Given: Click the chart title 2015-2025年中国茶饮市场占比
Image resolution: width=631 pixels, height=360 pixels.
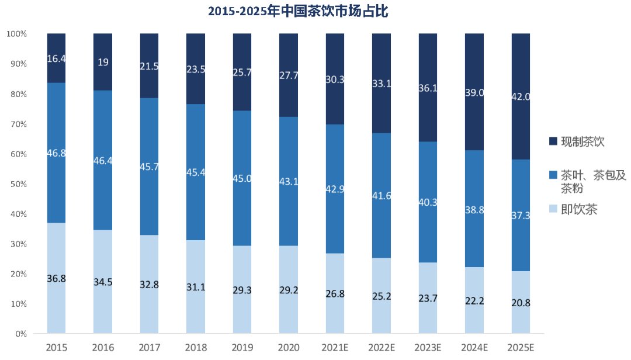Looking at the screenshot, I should (x=298, y=11).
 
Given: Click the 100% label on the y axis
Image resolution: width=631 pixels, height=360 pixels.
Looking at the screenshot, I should (x=16, y=34).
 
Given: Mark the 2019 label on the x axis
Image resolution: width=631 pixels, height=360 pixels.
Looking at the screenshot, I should (x=242, y=348).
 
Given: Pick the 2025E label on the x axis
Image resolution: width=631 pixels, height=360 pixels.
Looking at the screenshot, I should (x=521, y=348).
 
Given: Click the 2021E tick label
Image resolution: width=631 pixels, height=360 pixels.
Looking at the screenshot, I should (x=335, y=348).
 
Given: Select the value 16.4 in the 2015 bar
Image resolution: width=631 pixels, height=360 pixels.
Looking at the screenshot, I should (x=56, y=58).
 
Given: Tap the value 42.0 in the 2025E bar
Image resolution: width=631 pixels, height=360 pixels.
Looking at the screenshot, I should (x=521, y=97).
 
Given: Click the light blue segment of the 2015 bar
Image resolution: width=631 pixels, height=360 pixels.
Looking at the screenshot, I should (x=56, y=251).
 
